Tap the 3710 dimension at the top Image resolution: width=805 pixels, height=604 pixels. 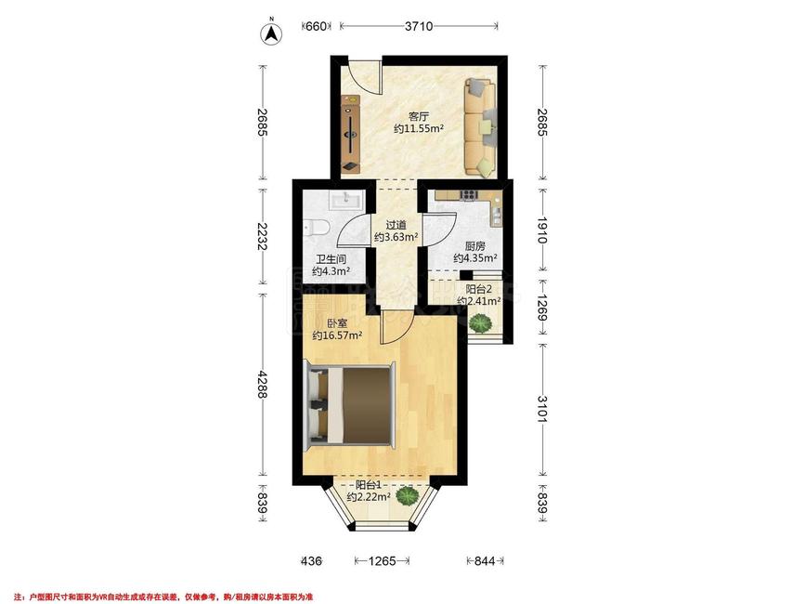[419, 26]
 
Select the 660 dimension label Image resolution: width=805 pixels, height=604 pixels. [316, 26]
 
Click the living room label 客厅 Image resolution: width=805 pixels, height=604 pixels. [419, 116]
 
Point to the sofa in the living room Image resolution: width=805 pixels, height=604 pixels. [481, 127]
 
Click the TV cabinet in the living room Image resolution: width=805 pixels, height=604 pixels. [351, 134]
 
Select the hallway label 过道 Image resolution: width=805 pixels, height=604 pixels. [396, 225]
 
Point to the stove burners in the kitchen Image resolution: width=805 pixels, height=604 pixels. [469, 194]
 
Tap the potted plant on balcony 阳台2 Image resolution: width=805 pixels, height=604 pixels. [481, 323]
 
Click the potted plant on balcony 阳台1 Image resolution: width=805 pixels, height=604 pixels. [409, 496]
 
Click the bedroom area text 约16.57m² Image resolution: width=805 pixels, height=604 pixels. [337, 335]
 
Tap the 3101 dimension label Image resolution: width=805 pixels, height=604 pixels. [542, 409]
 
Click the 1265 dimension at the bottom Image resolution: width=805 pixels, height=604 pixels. [382, 561]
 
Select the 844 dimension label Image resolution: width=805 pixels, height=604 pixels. [485, 561]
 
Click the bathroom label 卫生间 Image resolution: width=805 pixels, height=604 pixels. [331, 260]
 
